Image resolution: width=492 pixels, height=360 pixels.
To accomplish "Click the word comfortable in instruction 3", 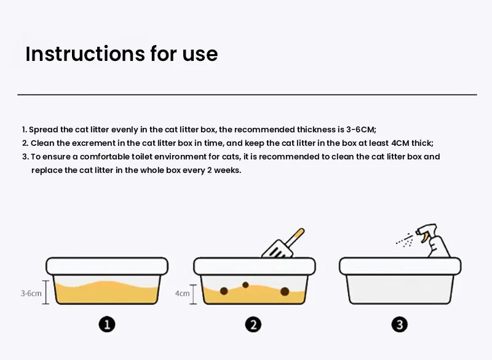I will (x=111, y=156).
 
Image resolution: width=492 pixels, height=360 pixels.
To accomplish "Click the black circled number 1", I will (x=107, y=324).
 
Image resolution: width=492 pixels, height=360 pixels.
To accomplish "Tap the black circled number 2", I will (x=253, y=324).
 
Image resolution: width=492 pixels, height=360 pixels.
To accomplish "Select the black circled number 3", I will (x=400, y=324).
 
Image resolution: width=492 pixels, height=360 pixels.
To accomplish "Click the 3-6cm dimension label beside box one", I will (x=31, y=293).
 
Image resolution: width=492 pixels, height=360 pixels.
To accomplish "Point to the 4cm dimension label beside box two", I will (x=182, y=293).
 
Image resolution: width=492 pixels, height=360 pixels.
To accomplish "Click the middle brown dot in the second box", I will (x=245, y=284).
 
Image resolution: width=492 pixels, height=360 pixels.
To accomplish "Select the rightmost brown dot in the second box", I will (x=285, y=290).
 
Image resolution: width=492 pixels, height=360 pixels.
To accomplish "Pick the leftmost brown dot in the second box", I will (x=224, y=290).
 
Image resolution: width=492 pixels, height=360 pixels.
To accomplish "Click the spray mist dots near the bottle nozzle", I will (x=405, y=239).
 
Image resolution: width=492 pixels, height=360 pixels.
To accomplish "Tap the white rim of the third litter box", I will (x=400, y=266).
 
